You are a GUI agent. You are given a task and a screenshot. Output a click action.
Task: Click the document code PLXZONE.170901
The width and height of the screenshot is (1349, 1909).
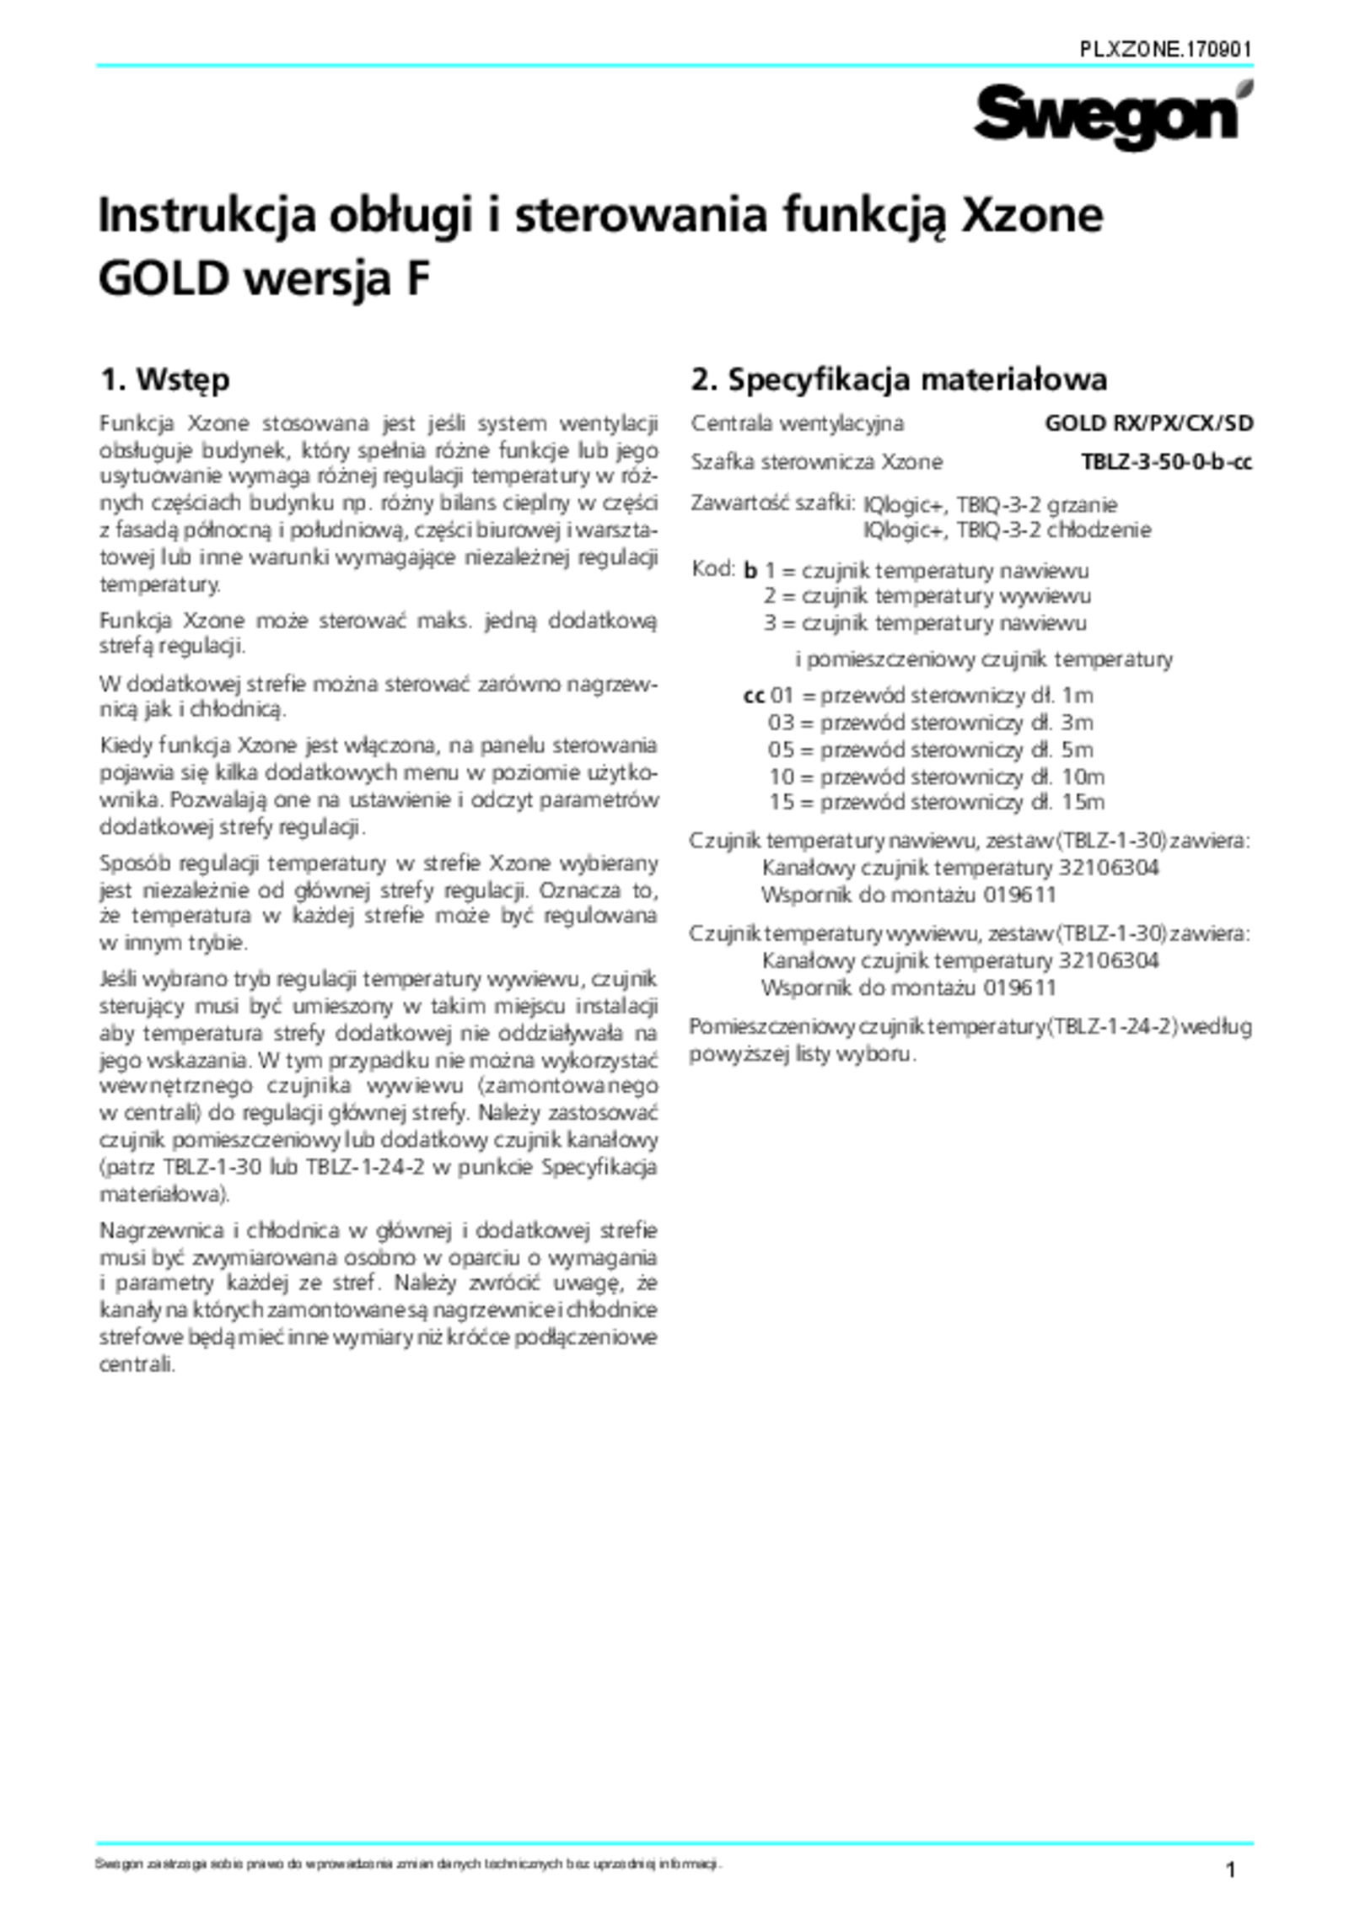click(1166, 50)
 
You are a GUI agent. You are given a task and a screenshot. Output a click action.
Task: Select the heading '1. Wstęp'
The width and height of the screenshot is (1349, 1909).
click(164, 379)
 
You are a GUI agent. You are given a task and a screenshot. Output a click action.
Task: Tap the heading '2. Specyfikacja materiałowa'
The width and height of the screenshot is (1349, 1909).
click(899, 379)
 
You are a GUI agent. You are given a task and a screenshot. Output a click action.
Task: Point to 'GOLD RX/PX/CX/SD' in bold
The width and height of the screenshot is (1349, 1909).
click(1148, 423)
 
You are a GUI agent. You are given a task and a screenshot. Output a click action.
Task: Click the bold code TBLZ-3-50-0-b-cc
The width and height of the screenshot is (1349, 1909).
click(1166, 462)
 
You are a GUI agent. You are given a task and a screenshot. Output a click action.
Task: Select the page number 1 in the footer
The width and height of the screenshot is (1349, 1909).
click(1230, 1870)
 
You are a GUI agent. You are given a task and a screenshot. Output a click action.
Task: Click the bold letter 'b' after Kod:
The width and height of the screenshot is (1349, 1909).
click(750, 572)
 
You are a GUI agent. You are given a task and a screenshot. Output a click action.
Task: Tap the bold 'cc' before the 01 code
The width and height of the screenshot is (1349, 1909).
click(754, 696)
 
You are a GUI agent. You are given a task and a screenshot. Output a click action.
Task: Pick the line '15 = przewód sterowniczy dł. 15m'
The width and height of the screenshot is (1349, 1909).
click(936, 802)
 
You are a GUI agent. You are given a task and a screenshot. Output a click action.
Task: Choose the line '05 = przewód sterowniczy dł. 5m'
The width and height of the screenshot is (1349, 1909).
click(930, 750)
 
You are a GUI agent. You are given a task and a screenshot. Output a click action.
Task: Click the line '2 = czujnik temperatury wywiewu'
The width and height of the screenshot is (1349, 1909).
click(927, 597)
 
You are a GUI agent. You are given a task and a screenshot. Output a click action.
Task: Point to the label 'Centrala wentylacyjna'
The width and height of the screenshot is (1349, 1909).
click(797, 423)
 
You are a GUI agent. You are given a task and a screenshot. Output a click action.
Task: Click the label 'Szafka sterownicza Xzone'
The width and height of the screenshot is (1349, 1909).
click(816, 462)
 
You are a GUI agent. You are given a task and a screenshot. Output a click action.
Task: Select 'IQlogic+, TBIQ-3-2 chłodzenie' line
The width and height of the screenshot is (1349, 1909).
click(1007, 530)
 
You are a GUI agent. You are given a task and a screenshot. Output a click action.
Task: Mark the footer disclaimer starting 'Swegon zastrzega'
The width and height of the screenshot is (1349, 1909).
click(408, 1863)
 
